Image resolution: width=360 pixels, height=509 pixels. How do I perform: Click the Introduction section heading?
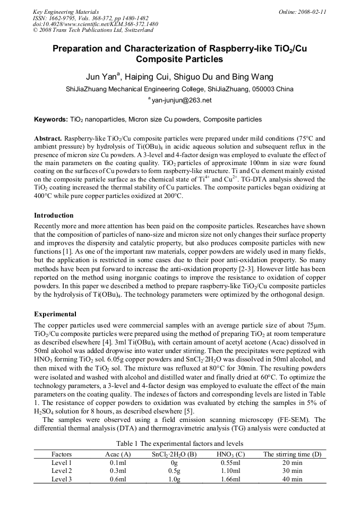click(x=54, y=215)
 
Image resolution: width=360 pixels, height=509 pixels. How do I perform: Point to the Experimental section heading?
click(x=55, y=314)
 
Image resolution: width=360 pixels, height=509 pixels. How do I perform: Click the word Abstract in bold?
click(x=48, y=137)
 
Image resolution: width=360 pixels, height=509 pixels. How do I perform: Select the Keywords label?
click(x=50, y=120)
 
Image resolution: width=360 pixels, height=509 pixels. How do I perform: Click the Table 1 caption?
click(x=180, y=443)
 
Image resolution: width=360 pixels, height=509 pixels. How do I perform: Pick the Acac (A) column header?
click(x=118, y=454)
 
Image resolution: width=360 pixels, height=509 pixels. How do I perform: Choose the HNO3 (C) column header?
click(x=230, y=454)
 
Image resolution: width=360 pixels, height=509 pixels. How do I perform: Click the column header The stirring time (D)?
click(x=293, y=454)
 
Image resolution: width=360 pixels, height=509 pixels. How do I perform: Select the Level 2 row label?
click(x=62, y=470)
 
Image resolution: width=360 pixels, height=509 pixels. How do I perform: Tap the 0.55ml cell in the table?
click(x=230, y=462)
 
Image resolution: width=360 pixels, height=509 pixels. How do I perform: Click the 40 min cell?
click(x=293, y=479)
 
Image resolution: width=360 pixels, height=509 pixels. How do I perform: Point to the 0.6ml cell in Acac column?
click(x=118, y=479)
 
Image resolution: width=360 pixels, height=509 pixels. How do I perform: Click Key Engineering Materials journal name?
click(x=65, y=12)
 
